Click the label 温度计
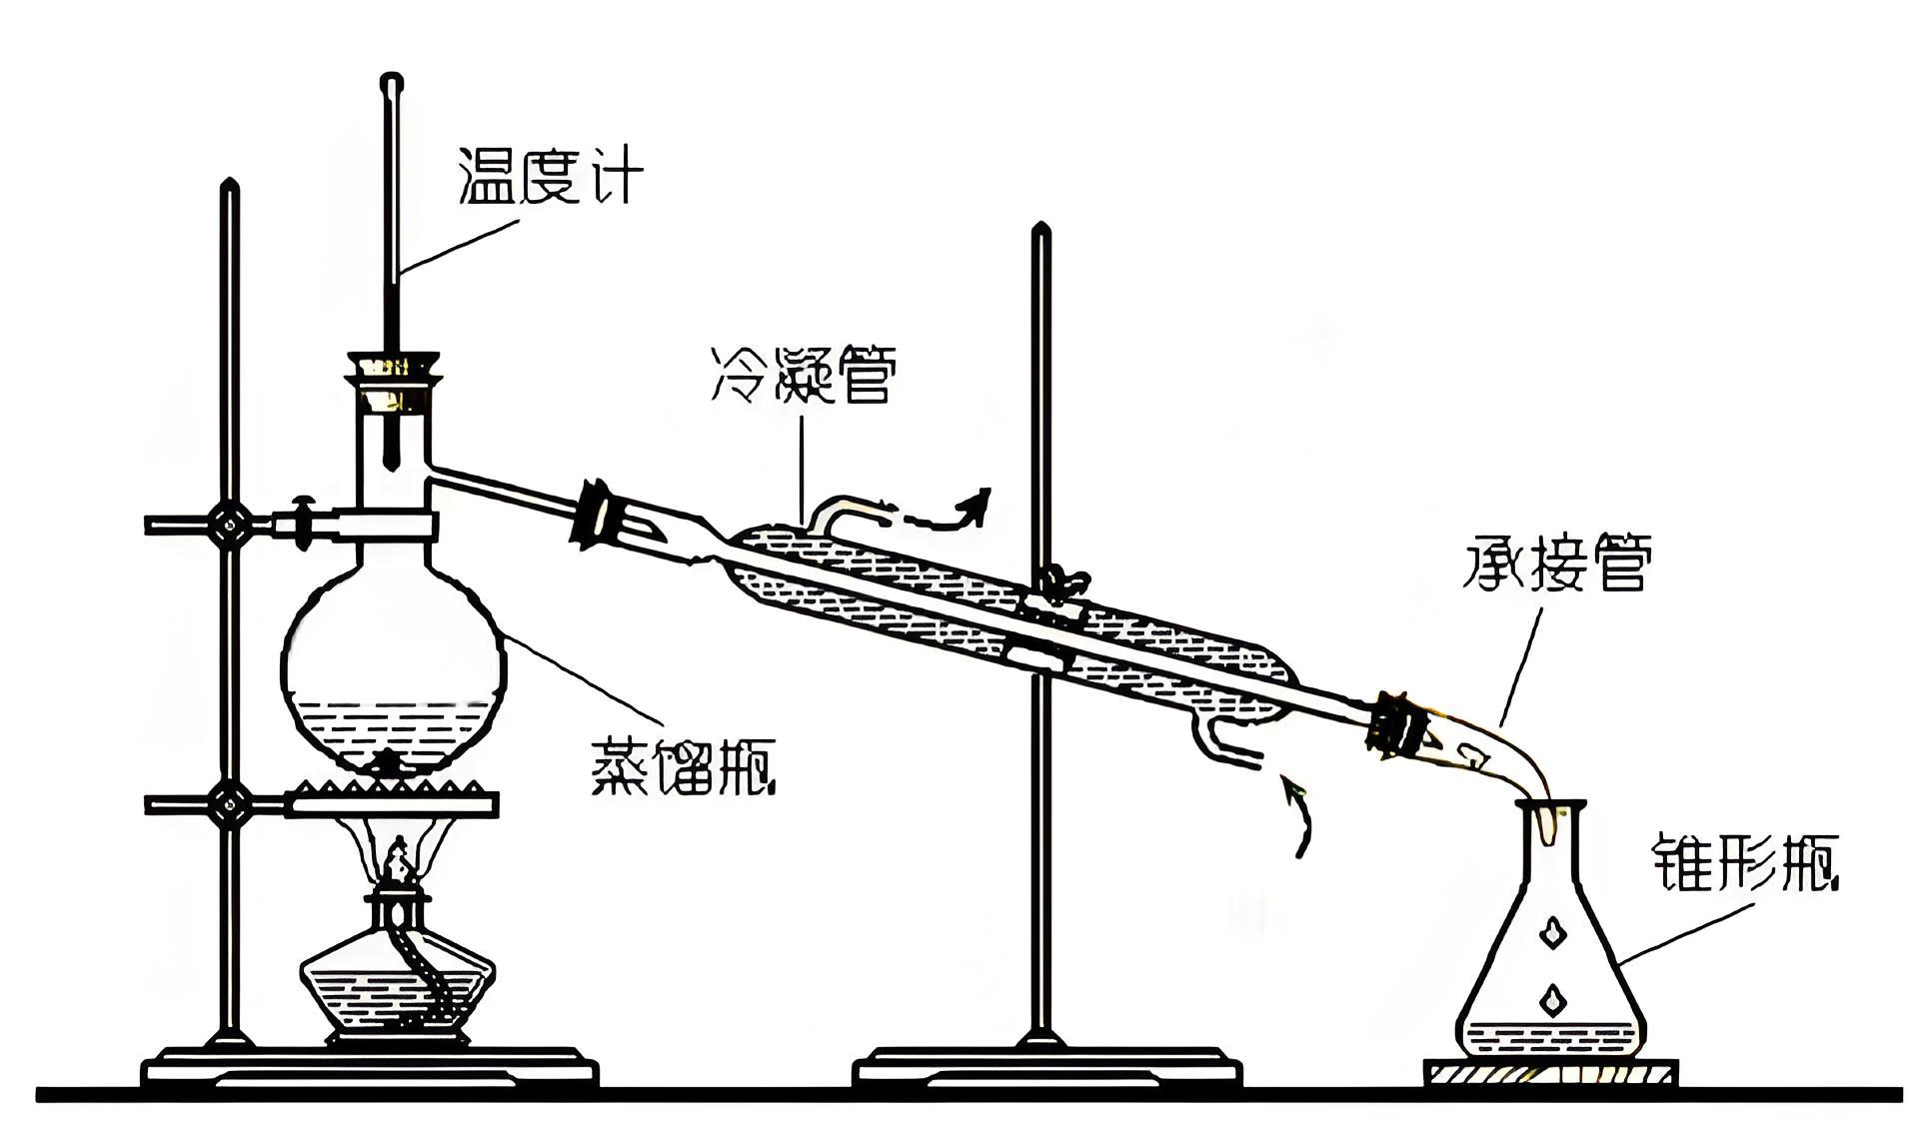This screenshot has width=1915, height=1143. click(x=549, y=176)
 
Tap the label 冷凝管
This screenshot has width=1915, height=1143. click(x=803, y=375)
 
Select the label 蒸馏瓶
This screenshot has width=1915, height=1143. click(x=683, y=766)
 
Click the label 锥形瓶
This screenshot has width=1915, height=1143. click(x=1743, y=861)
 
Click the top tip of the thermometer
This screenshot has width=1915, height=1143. click(x=392, y=79)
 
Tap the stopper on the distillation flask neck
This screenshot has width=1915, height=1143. click(x=394, y=380)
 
